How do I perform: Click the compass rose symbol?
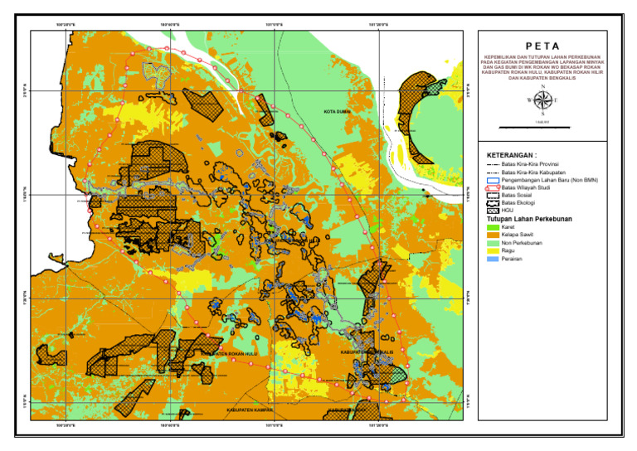click(x=542, y=100)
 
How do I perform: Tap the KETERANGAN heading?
click(x=512, y=155)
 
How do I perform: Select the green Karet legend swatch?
click(x=493, y=227)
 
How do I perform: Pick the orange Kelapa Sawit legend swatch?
click(x=493, y=235)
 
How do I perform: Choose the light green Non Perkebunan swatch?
click(x=493, y=243)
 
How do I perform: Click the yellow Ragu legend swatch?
click(x=493, y=251)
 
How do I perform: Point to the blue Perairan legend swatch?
click(x=493, y=259)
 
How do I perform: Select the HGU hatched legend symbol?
click(x=493, y=211)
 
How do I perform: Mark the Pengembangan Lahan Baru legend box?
click(x=493, y=180)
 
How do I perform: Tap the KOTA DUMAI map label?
click(x=338, y=110)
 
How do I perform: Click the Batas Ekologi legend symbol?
click(x=493, y=203)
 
